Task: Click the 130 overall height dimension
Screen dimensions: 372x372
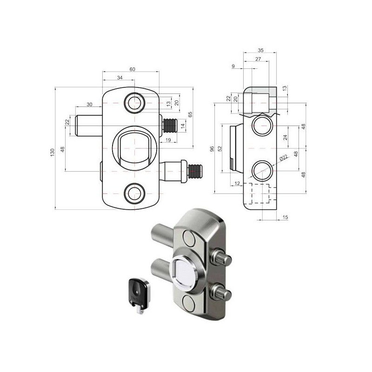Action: (53, 152)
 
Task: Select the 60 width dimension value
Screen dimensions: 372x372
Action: (132, 69)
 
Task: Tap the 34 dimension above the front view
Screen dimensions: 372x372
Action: (120, 78)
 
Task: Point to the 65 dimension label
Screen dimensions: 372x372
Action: (190, 114)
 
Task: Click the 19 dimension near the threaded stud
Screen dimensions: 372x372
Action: (168, 140)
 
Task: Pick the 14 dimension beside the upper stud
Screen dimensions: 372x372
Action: (182, 126)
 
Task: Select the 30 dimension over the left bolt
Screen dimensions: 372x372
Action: (89, 104)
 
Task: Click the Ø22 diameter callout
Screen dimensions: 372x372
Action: (284, 158)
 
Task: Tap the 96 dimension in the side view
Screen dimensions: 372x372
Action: (212, 149)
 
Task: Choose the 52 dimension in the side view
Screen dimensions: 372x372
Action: (220, 149)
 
